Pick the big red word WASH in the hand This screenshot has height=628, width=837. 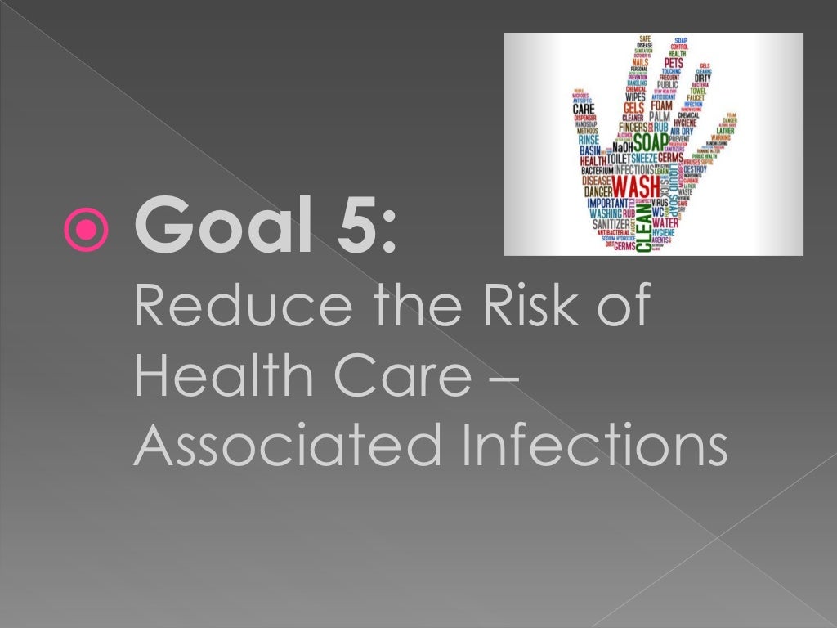coord(636,181)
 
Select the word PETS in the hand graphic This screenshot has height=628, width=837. coord(674,62)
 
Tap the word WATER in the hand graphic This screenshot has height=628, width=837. coord(665,222)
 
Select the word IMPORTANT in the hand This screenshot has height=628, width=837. coord(607,202)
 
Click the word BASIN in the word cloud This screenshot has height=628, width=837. coord(589,150)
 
